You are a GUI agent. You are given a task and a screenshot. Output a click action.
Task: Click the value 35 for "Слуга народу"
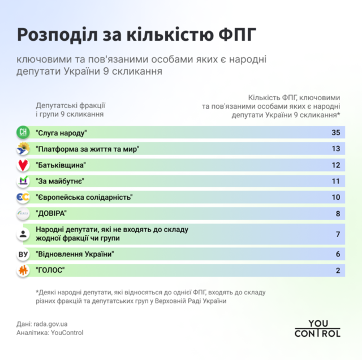click(x=336, y=132)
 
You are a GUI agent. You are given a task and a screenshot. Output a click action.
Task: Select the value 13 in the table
click(x=336, y=149)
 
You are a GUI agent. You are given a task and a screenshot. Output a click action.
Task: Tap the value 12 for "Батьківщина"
click(x=336, y=165)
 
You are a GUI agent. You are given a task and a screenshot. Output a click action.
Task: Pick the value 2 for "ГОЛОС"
click(x=338, y=271)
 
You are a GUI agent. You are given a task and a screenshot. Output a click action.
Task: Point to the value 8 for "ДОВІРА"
click(x=338, y=213)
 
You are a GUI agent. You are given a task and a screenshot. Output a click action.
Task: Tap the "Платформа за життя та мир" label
click(x=87, y=149)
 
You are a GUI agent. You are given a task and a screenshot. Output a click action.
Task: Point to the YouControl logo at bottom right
click(x=317, y=328)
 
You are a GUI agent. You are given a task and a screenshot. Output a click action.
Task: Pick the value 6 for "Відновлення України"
click(x=338, y=254)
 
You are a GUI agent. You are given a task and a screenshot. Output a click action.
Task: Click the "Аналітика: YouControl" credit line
click(x=50, y=333)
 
